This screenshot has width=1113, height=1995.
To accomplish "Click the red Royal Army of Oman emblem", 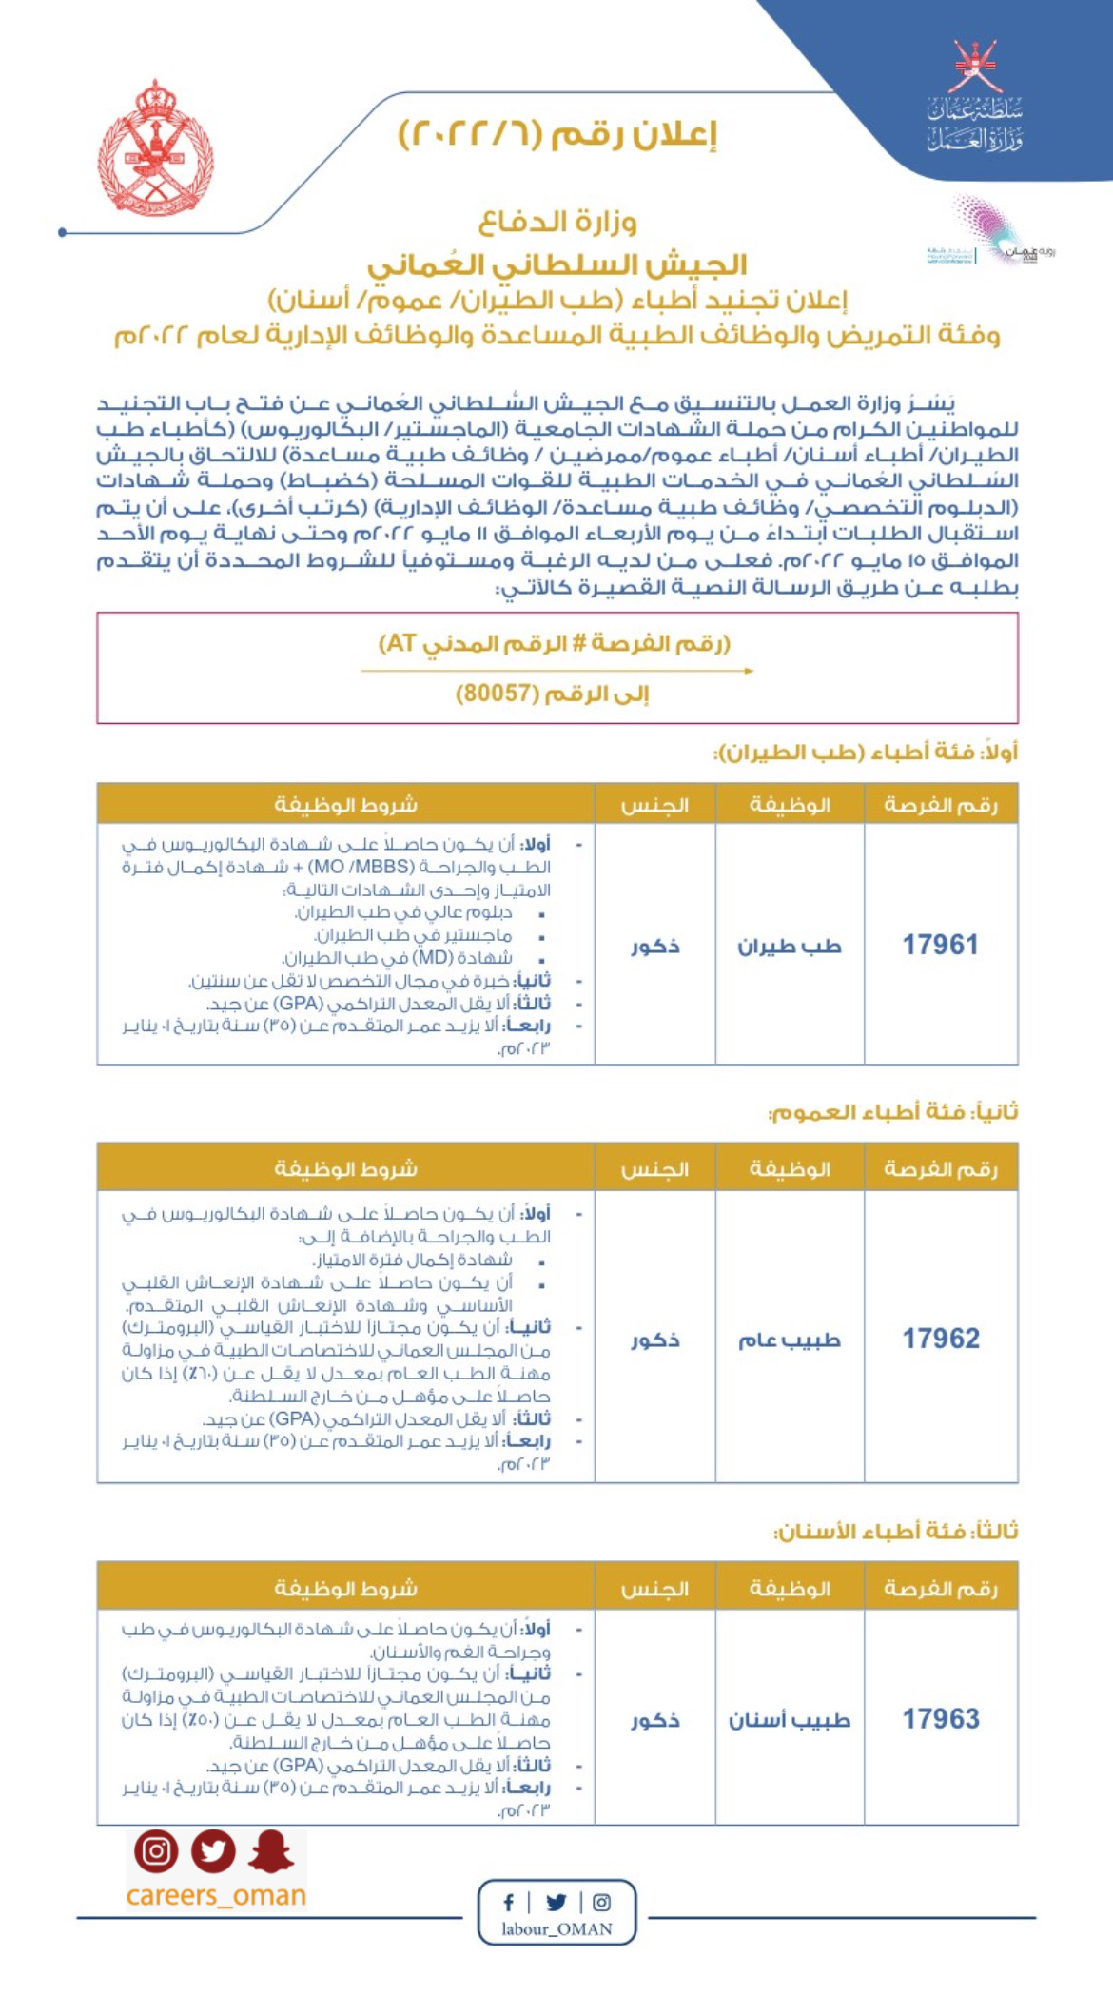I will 156,148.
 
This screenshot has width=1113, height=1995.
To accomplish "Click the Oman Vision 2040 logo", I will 989,234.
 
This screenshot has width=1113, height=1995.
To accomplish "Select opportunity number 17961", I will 940,945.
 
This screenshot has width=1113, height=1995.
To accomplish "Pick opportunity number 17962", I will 940,1339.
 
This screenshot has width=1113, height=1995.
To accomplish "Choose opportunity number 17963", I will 940,1718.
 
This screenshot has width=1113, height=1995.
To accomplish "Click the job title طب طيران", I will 790,946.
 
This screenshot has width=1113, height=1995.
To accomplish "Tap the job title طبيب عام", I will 790,1340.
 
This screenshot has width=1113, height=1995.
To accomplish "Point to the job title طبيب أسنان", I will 790,1719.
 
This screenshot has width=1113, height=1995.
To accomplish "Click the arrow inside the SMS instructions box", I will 556,671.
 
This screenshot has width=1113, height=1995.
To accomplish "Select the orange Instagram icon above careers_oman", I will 156,1851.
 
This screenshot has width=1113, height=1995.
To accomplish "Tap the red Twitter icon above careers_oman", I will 213,1851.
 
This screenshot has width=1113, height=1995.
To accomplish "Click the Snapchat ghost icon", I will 271,1851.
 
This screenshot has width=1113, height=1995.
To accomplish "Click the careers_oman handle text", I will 216,1895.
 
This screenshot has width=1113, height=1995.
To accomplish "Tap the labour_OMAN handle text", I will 557,1928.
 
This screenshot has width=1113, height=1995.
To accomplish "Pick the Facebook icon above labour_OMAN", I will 509,1902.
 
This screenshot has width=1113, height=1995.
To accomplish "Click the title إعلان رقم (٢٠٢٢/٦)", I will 557,134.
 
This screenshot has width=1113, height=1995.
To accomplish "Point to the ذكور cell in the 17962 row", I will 655,1340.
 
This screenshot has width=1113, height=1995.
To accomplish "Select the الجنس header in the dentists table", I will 655,1588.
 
